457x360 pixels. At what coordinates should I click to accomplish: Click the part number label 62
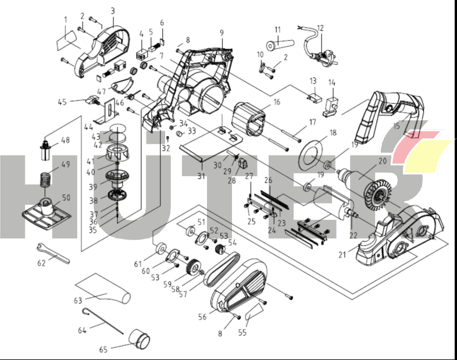point(41,263)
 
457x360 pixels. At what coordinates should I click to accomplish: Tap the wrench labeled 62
point(53,252)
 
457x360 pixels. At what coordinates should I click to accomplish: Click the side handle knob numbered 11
point(279,43)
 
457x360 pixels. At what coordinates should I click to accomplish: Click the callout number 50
point(66,198)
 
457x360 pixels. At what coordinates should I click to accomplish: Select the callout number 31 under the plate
point(201,176)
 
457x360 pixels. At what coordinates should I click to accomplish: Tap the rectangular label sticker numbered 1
point(69,42)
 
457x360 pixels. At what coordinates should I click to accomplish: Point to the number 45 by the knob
point(62,102)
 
